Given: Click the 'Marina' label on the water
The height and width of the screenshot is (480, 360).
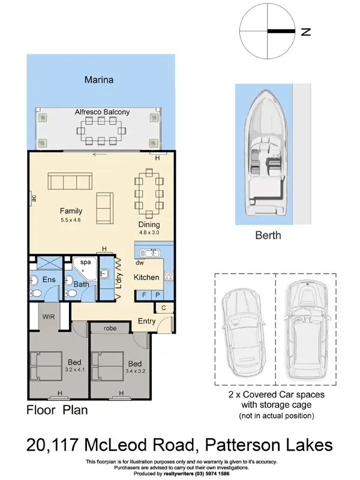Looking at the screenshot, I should [x=99, y=79].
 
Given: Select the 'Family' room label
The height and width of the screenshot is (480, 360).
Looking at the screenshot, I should [x=71, y=211].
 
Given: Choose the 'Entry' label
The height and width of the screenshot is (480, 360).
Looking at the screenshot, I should [x=146, y=321].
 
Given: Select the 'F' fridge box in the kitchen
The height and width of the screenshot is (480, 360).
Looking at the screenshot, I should [x=144, y=295].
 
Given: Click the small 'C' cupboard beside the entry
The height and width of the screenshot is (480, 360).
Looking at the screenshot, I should [x=164, y=307].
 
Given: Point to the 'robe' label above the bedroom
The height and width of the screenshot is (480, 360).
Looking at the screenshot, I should [x=110, y=328].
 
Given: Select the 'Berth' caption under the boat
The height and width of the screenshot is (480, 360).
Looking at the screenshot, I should [x=267, y=235].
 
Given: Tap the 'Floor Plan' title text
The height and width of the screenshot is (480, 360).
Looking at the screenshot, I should [x=58, y=411].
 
